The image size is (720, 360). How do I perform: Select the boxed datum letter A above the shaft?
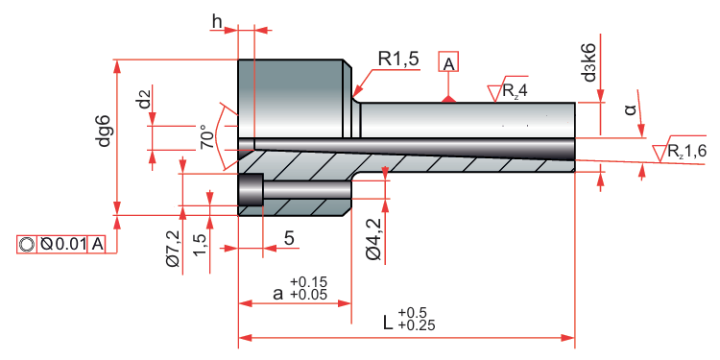(449, 63)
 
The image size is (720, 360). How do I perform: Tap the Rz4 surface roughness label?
(515, 91)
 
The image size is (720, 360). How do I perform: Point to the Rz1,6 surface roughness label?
(686, 152)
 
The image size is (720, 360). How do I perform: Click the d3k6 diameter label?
(589, 62)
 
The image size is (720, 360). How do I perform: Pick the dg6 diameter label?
(105, 131)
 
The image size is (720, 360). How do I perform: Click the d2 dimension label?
(145, 100)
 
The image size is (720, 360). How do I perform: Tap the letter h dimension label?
(218, 21)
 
